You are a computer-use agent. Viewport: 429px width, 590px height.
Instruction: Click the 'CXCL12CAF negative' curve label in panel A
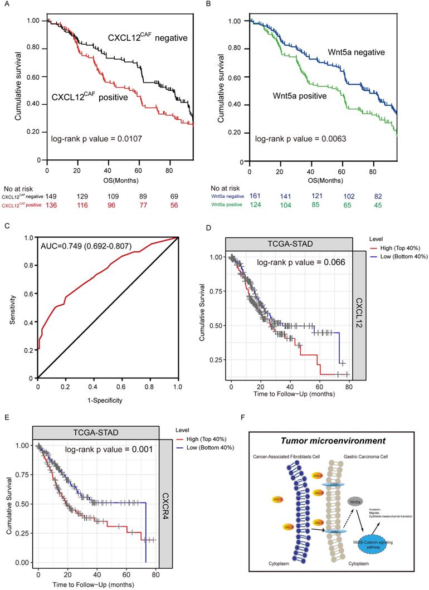click(148, 38)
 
